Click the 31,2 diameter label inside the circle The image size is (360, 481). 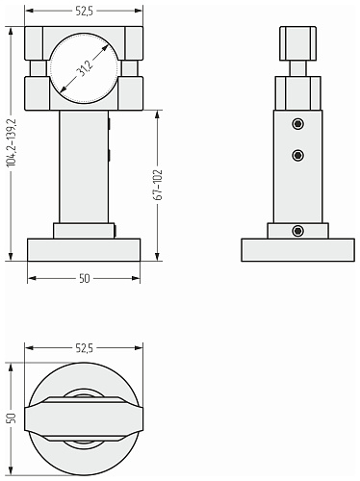click(x=85, y=68)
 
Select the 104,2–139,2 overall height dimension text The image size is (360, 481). click(x=12, y=142)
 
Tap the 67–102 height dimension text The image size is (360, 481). click(x=158, y=185)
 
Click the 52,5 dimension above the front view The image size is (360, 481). click(x=84, y=12)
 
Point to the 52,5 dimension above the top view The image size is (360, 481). click(x=84, y=348)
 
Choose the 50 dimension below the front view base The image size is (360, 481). click(x=84, y=278)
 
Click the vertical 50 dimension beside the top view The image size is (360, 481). click(x=12, y=418)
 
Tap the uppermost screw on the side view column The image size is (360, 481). click(x=298, y=124)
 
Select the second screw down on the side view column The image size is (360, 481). click(x=298, y=156)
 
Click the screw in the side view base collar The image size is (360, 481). click(x=298, y=231)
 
